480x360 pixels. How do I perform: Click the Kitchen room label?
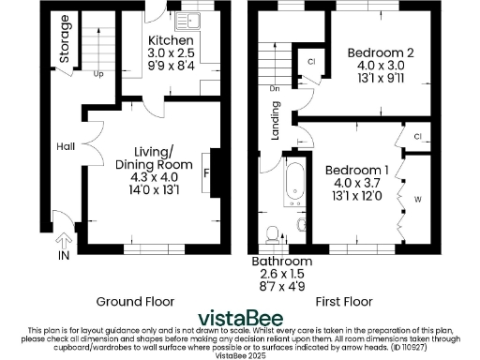pos(172,41)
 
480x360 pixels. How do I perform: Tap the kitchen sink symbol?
pos(181,18)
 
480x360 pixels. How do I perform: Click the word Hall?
pos(65,147)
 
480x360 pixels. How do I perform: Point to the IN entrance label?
pos(64,254)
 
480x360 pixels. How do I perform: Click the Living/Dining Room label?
pos(153,158)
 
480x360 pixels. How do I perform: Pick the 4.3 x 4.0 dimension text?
pos(153,177)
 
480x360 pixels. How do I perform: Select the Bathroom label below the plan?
pos(280,260)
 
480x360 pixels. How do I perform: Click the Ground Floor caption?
pos(134,301)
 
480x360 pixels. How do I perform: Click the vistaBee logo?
pos(240,318)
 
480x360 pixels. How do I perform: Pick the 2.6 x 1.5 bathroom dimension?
pos(280,273)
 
